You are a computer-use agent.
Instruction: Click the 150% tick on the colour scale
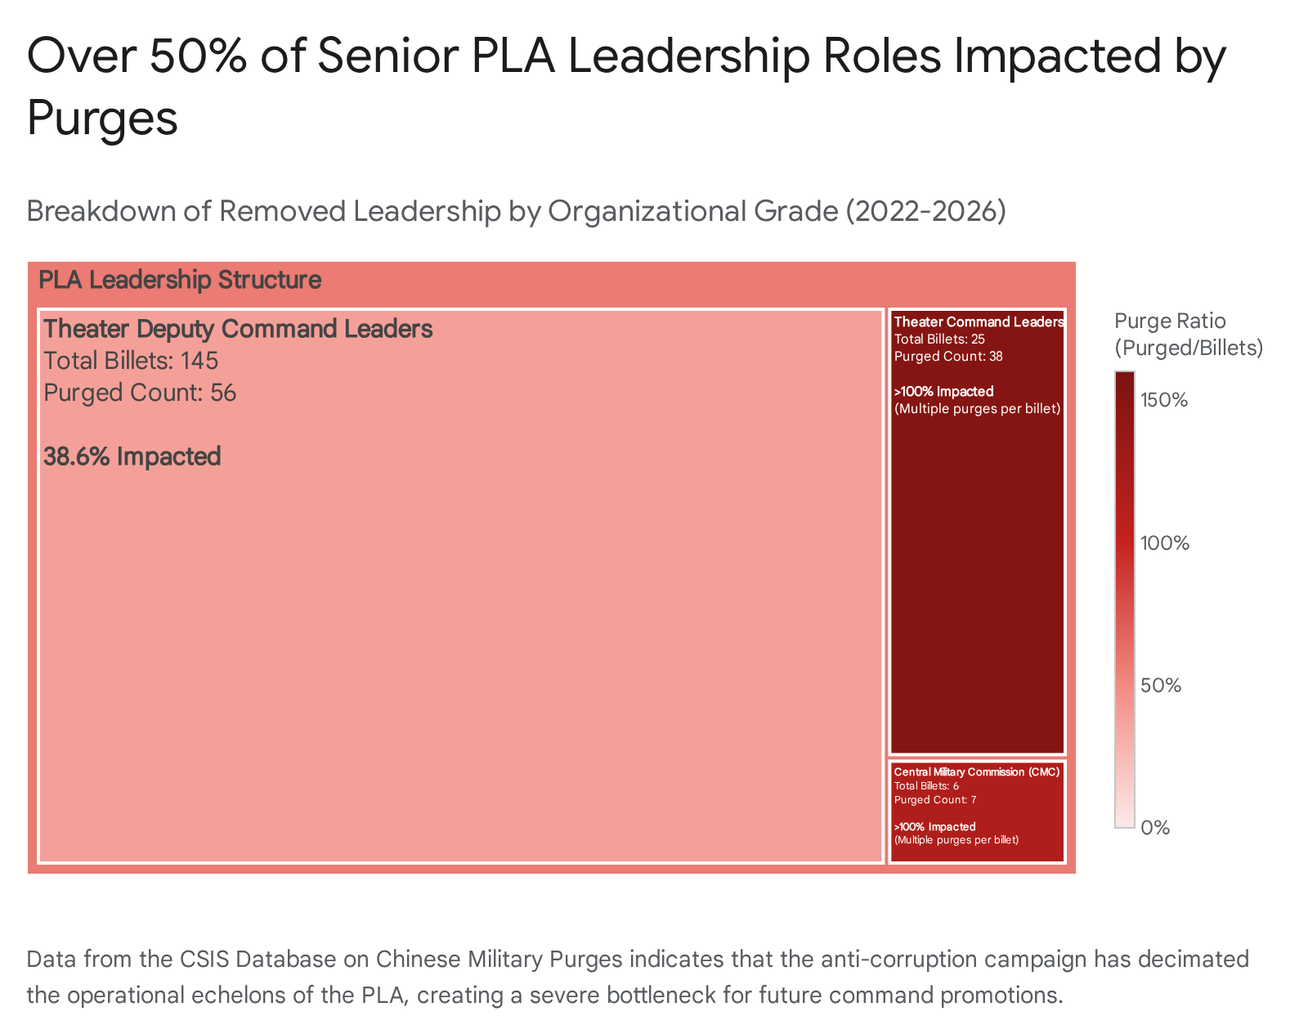click(1164, 400)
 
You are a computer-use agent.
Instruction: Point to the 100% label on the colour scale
click(1164, 543)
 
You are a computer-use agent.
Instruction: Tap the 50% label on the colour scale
click(1161, 686)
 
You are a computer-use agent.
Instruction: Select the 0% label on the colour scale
click(1154, 828)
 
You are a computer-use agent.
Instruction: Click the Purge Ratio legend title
click(1188, 334)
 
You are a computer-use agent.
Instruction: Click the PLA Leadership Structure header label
click(180, 281)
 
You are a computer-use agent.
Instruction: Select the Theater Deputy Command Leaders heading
click(238, 329)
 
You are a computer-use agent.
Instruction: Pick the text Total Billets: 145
click(131, 361)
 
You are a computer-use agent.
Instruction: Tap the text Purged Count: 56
click(140, 393)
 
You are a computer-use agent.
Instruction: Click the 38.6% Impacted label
click(132, 456)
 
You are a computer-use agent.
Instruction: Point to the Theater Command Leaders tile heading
click(979, 322)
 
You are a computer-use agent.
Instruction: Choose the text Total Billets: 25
click(939, 339)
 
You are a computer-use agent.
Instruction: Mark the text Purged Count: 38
click(948, 357)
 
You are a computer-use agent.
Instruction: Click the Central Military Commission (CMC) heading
click(976, 772)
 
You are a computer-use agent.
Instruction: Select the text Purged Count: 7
click(935, 800)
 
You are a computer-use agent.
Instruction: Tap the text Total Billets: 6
click(926, 786)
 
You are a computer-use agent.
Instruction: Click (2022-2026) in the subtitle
click(925, 211)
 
